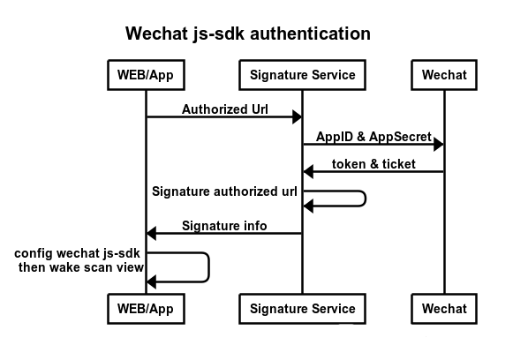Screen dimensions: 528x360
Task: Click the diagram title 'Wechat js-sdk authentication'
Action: coord(248,34)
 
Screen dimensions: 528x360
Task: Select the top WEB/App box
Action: coord(147,75)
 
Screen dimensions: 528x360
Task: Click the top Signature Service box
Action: coord(302,75)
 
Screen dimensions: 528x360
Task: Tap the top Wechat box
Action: coord(444,75)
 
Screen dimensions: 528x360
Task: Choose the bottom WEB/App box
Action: coord(147,309)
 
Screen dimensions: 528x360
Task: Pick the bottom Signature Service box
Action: coord(302,309)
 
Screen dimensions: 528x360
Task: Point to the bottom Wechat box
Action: coord(444,309)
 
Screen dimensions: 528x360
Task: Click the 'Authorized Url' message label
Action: coord(225,109)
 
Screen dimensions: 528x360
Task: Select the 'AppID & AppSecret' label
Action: coord(373,137)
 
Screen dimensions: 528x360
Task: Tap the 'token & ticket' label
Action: coord(373,164)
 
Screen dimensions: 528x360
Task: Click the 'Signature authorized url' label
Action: coord(224,191)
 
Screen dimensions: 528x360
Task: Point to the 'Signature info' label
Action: coord(224,225)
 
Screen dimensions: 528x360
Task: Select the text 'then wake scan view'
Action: coord(81,267)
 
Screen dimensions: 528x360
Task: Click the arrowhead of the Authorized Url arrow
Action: coord(297,116)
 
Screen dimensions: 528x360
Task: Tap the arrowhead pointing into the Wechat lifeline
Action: coord(439,145)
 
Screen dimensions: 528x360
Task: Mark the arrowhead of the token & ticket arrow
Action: coord(308,171)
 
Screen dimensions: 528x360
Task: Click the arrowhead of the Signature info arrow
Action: coord(152,233)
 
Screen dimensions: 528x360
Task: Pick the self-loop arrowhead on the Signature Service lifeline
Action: coord(308,206)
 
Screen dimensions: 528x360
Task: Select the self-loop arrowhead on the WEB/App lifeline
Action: coord(152,281)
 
